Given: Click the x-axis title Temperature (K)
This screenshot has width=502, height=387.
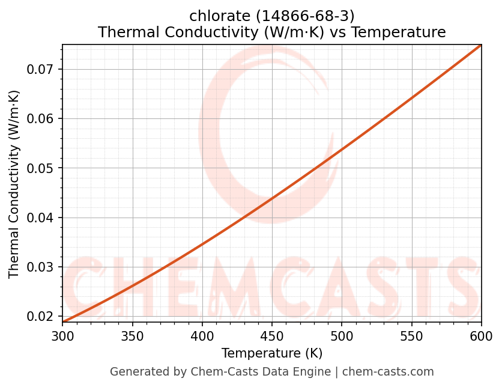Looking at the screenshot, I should coord(272,353).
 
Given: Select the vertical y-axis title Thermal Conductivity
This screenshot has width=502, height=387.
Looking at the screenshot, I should coord(14,184).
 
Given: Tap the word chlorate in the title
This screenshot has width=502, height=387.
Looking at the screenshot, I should coord(214,15).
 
